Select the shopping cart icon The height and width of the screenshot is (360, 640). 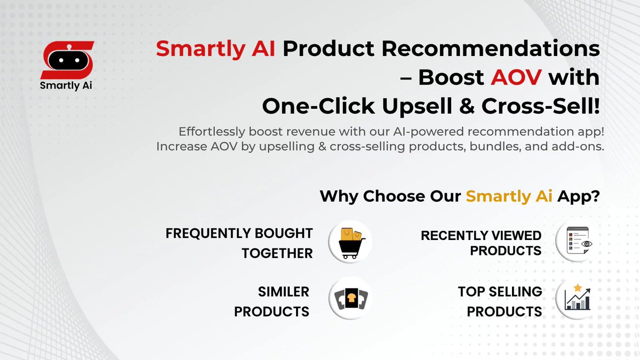[x=349, y=243]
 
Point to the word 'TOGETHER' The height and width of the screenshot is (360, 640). [x=277, y=253]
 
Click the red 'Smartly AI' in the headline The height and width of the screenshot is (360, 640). [x=216, y=50]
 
